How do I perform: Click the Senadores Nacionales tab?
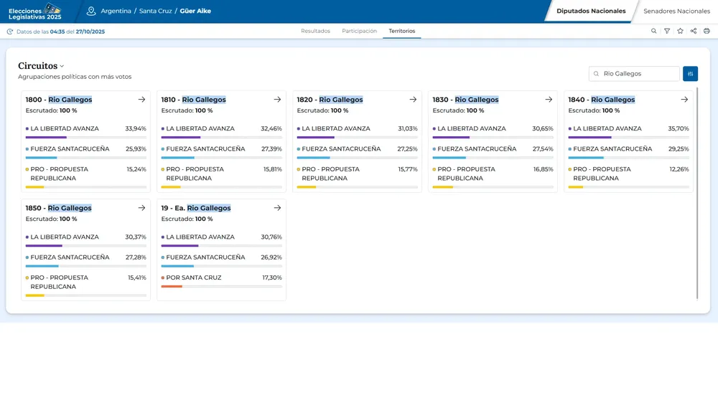pos(676,11)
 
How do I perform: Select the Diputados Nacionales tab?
pos(591,11)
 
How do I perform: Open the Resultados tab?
pos(315,32)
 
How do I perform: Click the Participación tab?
pos(359,32)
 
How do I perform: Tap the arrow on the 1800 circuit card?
pos(141,100)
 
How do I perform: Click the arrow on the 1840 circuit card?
pos(684,100)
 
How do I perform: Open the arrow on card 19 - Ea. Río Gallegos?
pos(277,208)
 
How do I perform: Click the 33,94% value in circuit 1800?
pos(136,129)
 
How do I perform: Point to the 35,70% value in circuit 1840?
pos(679,129)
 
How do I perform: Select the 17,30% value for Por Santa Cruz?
pos(271,277)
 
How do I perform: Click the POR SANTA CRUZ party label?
pos(193,277)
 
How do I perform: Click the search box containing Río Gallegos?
pos(635,74)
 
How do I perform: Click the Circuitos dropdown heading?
pos(41,66)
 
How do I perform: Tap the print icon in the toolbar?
pos(707,32)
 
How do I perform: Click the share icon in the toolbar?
pos(693,32)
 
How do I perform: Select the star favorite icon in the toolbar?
pos(680,32)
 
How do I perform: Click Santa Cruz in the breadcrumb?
pos(155,11)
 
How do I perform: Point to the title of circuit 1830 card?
pos(465,100)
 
